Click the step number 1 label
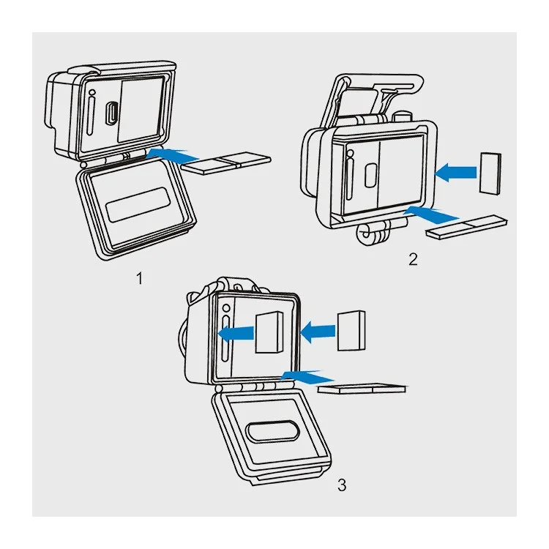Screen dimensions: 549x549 pyautogui.click(x=140, y=278)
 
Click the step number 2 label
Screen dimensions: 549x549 pyautogui.click(x=413, y=259)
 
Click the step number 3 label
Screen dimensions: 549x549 pyautogui.click(x=342, y=485)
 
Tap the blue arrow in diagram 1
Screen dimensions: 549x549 pyautogui.click(x=172, y=155)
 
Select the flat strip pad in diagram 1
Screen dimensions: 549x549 pyautogui.click(x=226, y=163)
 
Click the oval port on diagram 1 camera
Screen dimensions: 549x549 pyautogui.click(x=112, y=113)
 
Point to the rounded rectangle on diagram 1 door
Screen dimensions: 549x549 pyautogui.click(x=138, y=204)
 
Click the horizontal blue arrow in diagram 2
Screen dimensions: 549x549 pyautogui.click(x=455, y=173)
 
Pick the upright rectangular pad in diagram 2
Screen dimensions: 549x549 pyautogui.click(x=490, y=173)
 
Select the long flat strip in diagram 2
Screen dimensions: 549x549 pyautogui.click(x=466, y=227)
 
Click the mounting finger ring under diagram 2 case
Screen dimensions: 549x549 pyautogui.click(x=367, y=234)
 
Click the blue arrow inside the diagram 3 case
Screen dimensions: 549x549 pyautogui.click(x=236, y=334)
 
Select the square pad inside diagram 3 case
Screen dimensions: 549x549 pyautogui.click(x=269, y=332)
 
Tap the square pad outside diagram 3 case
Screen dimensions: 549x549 pyautogui.click(x=351, y=331)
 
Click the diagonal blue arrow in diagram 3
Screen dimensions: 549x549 pyautogui.click(x=307, y=377)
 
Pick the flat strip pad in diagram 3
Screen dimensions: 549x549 pyautogui.click(x=362, y=389)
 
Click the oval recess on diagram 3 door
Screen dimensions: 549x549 pyautogui.click(x=273, y=430)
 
